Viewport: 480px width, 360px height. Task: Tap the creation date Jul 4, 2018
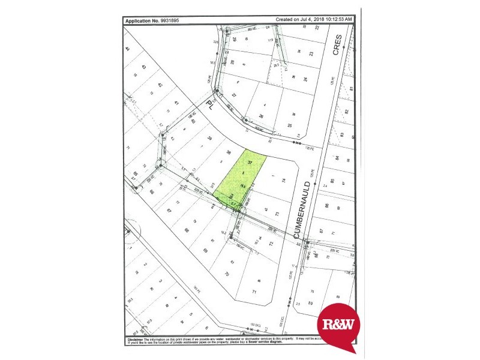pyautogui.click(x=304, y=20)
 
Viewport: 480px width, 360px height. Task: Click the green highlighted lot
pyautogui.click(x=240, y=178)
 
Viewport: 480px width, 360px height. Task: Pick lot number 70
pyautogui.click(x=226, y=274)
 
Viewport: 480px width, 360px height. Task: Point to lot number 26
pyautogui.click(x=260, y=116)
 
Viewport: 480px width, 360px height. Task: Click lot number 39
pyautogui.click(x=209, y=139)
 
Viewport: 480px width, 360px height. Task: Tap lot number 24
pyautogui.click(x=305, y=79)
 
